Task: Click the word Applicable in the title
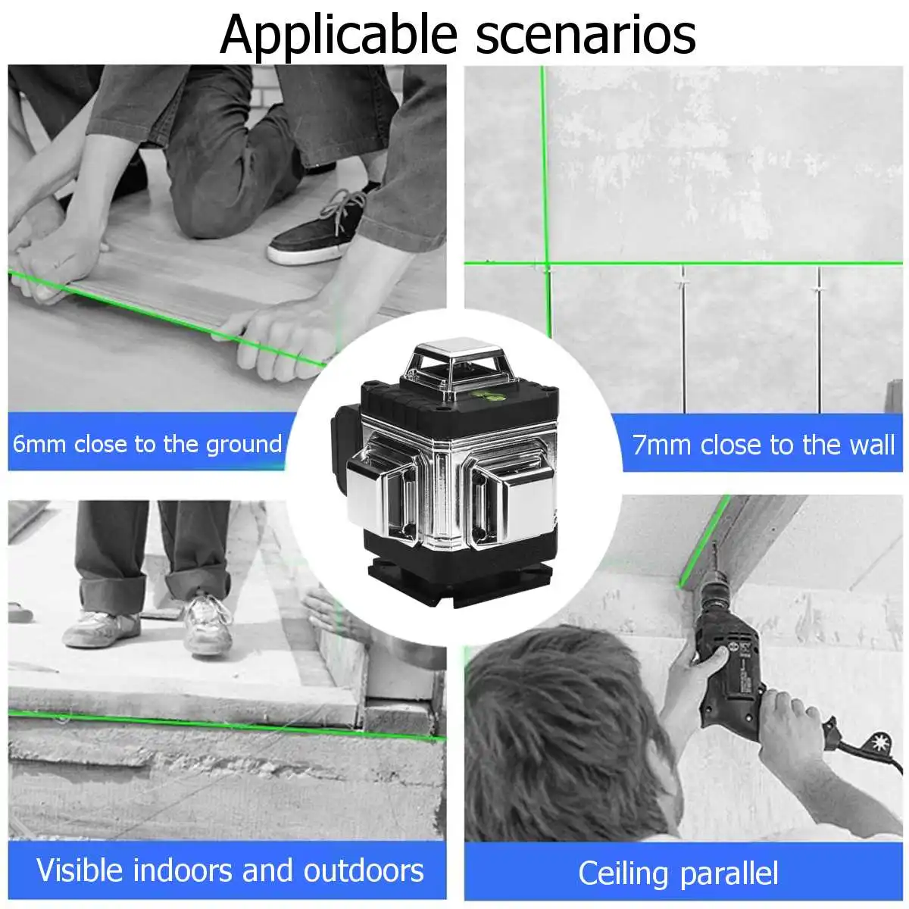coord(339,34)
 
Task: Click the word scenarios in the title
coord(586,34)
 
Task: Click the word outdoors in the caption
coord(364,870)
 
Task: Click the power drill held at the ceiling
coord(727,667)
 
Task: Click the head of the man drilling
coord(561,727)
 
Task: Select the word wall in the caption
coord(871,445)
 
